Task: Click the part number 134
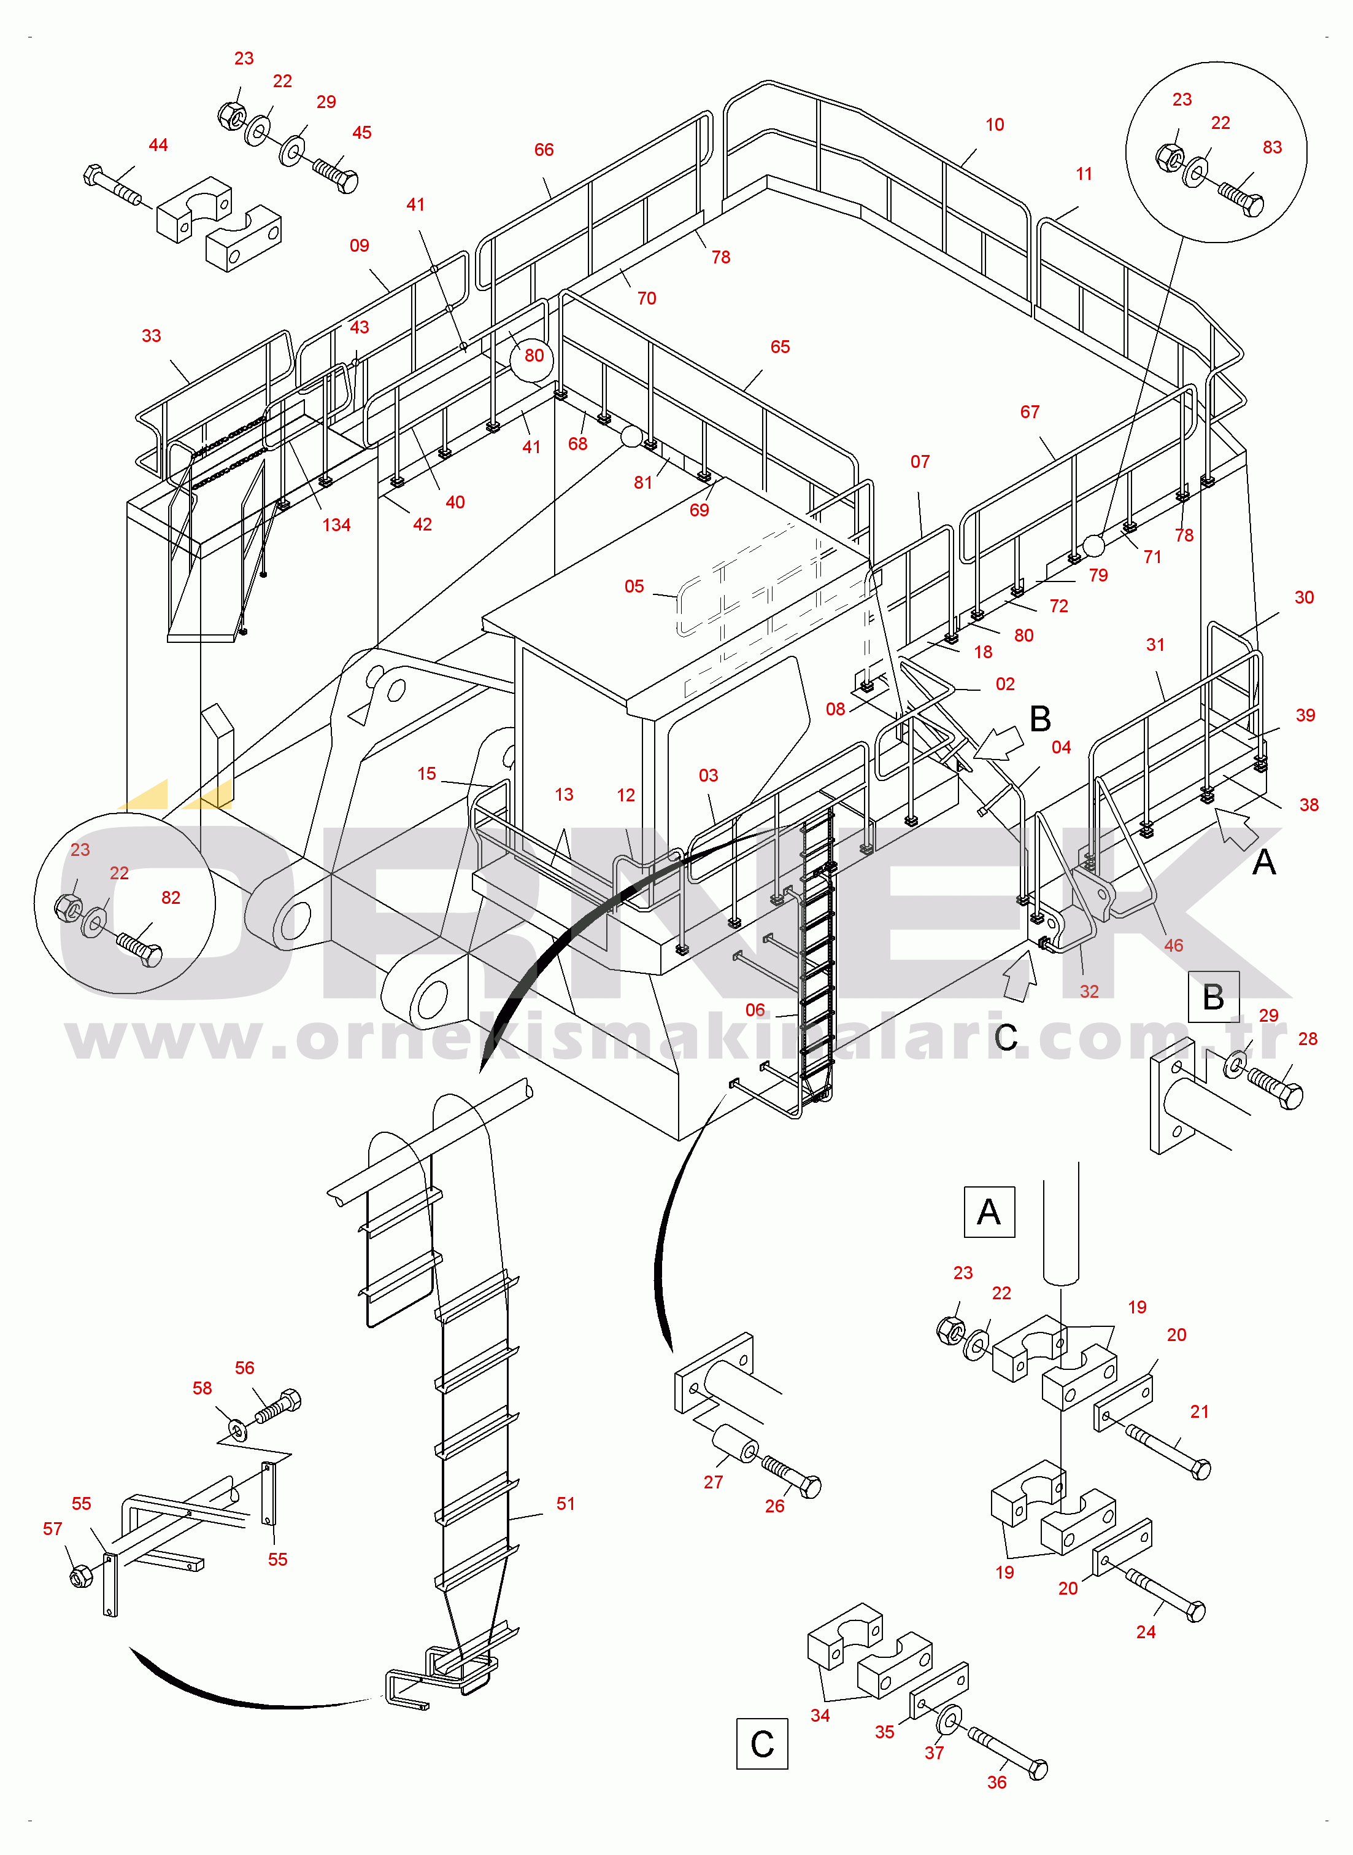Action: [336, 525]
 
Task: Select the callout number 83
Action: [1271, 147]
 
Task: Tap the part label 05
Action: [634, 586]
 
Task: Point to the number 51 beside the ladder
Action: [565, 1504]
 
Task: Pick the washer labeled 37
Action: [949, 1718]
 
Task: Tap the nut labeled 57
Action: [81, 1576]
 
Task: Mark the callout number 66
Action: [544, 150]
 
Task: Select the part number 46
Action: [1173, 946]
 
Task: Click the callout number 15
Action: [426, 774]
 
